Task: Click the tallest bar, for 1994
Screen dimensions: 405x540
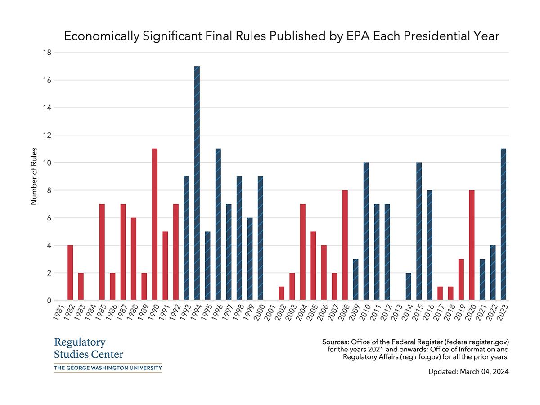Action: (x=197, y=183)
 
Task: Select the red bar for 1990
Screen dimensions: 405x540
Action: (x=155, y=225)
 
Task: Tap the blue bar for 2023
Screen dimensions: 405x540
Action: (x=504, y=225)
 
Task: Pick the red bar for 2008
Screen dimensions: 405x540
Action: (x=345, y=245)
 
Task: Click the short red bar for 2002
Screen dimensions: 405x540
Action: (x=282, y=293)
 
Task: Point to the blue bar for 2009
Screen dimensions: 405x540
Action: (x=355, y=279)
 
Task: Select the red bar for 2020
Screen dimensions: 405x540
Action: (x=472, y=245)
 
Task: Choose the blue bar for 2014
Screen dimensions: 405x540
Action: (x=408, y=287)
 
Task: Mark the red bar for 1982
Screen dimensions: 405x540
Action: (x=70, y=273)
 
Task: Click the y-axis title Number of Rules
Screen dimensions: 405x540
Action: (x=34, y=176)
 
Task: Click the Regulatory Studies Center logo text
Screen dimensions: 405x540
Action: (x=88, y=348)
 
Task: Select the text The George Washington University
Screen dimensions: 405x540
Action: (x=108, y=368)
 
